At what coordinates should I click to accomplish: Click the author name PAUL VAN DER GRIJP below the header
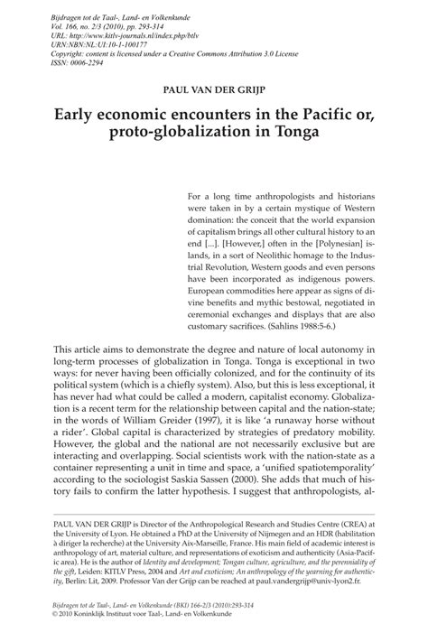pos(214,91)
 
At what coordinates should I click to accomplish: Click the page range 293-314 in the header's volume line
pos(158,19)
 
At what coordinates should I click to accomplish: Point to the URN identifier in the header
pos(85,41)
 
